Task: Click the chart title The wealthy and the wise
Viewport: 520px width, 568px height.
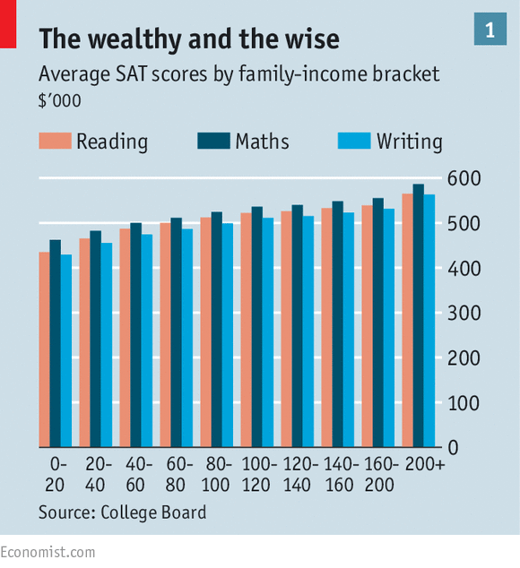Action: pos(188,39)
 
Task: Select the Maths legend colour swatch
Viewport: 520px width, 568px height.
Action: pos(212,141)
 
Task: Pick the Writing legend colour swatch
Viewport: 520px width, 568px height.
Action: pos(352,141)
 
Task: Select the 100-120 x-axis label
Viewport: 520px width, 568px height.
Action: pos(256,475)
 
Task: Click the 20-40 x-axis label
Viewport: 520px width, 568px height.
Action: pos(95,475)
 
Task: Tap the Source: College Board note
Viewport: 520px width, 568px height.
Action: pos(122,512)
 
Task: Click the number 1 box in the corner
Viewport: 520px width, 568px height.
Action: pos(490,30)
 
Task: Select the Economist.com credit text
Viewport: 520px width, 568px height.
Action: pos(48,552)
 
